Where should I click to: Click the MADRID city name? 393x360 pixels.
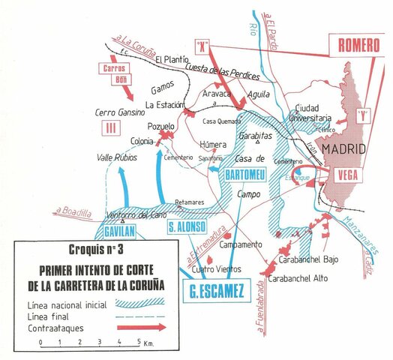click(341, 150)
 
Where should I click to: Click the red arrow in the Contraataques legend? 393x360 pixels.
click(137, 328)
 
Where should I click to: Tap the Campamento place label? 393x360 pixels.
click(240, 245)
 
